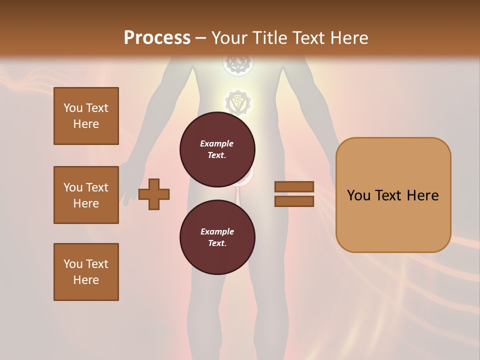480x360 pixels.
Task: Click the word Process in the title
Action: click(x=157, y=38)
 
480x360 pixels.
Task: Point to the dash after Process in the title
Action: click(x=200, y=39)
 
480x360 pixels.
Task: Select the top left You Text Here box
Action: click(x=86, y=116)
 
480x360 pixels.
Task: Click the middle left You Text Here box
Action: click(x=86, y=195)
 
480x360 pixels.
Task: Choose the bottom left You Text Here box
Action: click(x=86, y=272)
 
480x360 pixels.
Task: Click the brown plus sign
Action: click(x=154, y=194)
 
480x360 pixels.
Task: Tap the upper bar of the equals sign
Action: click(x=294, y=186)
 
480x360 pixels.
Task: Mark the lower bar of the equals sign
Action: click(x=294, y=201)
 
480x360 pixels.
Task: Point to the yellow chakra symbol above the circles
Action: click(x=238, y=103)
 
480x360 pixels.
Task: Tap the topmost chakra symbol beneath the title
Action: click(x=238, y=62)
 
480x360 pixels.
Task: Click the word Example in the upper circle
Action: click(x=217, y=143)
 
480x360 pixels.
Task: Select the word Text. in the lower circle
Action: click(x=217, y=243)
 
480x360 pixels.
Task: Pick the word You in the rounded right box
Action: click(x=359, y=195)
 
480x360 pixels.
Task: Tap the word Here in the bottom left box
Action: click(x=86, y=280)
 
